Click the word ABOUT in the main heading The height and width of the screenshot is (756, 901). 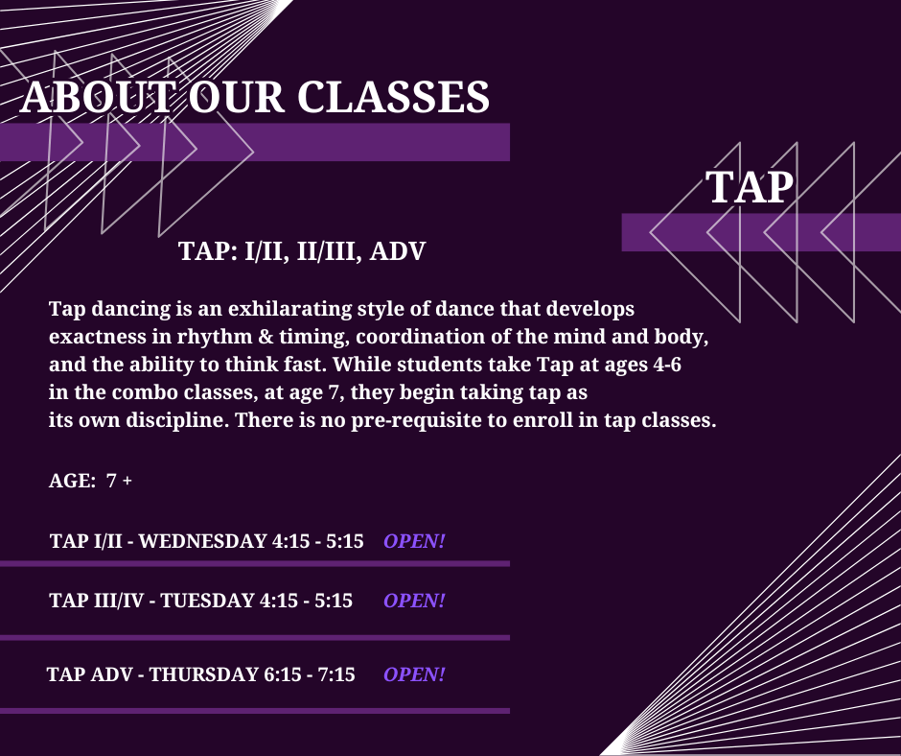click(98, 97)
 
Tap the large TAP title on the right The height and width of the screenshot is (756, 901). click(750, 186)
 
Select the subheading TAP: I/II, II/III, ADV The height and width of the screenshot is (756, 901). click(302, 250)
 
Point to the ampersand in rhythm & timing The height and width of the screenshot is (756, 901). click(266, 337)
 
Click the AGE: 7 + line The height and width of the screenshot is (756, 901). click(90, 481)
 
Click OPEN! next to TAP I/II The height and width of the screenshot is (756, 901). click(414, 541)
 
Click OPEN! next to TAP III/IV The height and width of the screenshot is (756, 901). click(414, 601)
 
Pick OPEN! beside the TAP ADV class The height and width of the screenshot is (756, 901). click(414, 674)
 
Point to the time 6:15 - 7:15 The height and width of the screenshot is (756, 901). click(309, 674)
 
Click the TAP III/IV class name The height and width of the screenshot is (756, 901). click(97, 601)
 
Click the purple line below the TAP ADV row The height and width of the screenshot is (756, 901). click(255, 711)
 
